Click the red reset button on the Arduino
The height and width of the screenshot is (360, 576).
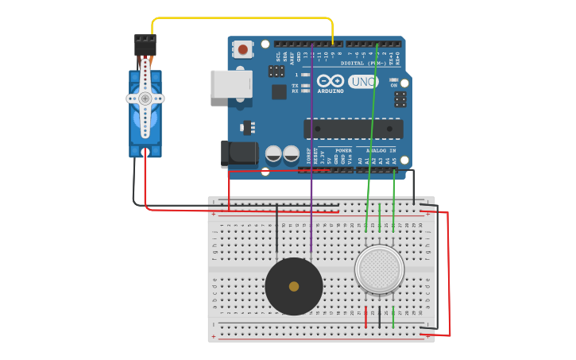coord(243,50)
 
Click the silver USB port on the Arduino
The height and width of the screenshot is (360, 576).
coord(230,84)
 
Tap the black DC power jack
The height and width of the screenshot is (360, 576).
coord(238,153)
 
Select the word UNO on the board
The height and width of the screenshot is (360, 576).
coord(363,82)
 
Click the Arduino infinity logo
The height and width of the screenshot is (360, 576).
coord(331,81)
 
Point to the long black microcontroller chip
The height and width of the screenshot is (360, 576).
coord(353,129)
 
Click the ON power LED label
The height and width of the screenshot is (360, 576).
coord(394,85)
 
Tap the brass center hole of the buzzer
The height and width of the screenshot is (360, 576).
coord(294,286)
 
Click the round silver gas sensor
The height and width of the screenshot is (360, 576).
coord(379,269)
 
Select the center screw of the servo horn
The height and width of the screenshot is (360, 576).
coord(145,99)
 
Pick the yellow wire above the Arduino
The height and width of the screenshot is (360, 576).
coord(238,17)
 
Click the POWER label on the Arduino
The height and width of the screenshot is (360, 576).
coord(343,150)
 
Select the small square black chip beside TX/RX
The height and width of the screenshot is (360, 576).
coord(279,91)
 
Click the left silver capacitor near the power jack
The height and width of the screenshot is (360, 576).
coord(273,153)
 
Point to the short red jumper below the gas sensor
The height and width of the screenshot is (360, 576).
coord(365,316)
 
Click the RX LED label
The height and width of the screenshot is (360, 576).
coord(296,91)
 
